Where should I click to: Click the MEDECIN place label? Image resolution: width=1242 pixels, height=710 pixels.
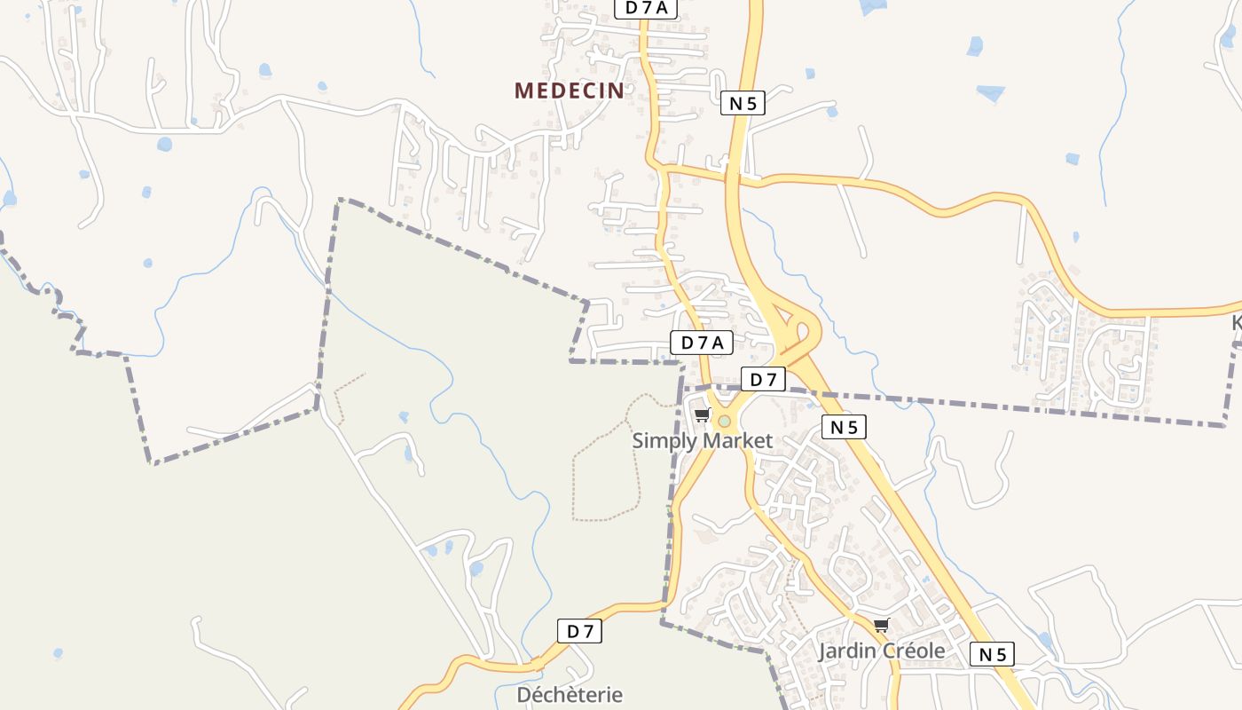click(569, 90)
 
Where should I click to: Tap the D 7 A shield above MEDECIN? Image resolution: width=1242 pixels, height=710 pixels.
click(646, 8)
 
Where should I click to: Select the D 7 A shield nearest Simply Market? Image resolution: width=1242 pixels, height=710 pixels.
click(701, 343)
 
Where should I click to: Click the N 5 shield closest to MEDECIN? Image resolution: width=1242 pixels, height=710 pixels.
click(743, 103)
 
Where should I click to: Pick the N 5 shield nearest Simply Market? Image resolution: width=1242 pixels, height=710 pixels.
click(843, 427)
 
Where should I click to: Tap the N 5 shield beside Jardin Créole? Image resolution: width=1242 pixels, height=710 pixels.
click(992, 655)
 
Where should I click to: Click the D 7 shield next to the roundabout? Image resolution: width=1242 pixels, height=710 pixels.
click(763, 380)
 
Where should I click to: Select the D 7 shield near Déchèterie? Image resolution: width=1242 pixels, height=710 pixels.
click(579, 631)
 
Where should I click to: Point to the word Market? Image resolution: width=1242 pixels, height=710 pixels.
click(737, 440)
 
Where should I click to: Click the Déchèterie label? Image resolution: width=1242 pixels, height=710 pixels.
click(570, 695)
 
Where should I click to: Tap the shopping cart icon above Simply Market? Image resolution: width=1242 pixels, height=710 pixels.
click(703, 414)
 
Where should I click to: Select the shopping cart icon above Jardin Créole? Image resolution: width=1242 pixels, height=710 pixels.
click(881, 626)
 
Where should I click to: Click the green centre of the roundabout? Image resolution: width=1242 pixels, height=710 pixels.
click(725, 421)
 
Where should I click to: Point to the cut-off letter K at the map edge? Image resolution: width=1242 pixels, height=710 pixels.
click(1237, 322)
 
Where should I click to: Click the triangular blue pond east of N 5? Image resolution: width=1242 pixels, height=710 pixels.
click(991, 91)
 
